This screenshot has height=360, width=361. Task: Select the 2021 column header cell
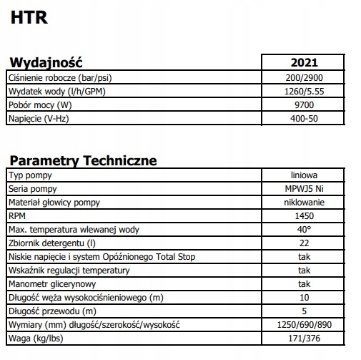pyautogui.click(x=305, y=63)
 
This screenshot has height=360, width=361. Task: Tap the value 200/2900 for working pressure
pyautogui.click(x=305, y=77)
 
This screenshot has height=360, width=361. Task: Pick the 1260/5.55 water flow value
pyautogui.click(x=305, y=91)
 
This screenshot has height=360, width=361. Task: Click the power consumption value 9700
pyautogui.click(x=305, y=104)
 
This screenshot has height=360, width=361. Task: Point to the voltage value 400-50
pyautogui.click(x=305, y=118)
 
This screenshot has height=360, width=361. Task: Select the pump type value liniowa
pyautogui.click(x=305, y=175)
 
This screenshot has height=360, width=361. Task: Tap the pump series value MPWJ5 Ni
pyautogui.click(x=305, y=189)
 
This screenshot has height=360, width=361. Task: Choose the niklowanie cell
pyautogui.click(x=305, y=203)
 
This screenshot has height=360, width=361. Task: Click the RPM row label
pyautogui.click(x=16, y=216)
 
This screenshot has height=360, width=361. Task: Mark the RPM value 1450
pyautogui.click(x=305, y=216)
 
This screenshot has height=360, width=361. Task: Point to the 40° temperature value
pyautogui.click(x=305, y=230)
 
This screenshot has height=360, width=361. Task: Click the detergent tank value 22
pyautogui.click(x=305, y=243)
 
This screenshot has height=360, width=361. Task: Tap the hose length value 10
pyautogui.click(x=305, y=298)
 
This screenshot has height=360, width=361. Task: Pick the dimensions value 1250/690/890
pyautogui.click(x=305, y=326)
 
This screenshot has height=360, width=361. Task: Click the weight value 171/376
pyautogui.click(x=305, y=339)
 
